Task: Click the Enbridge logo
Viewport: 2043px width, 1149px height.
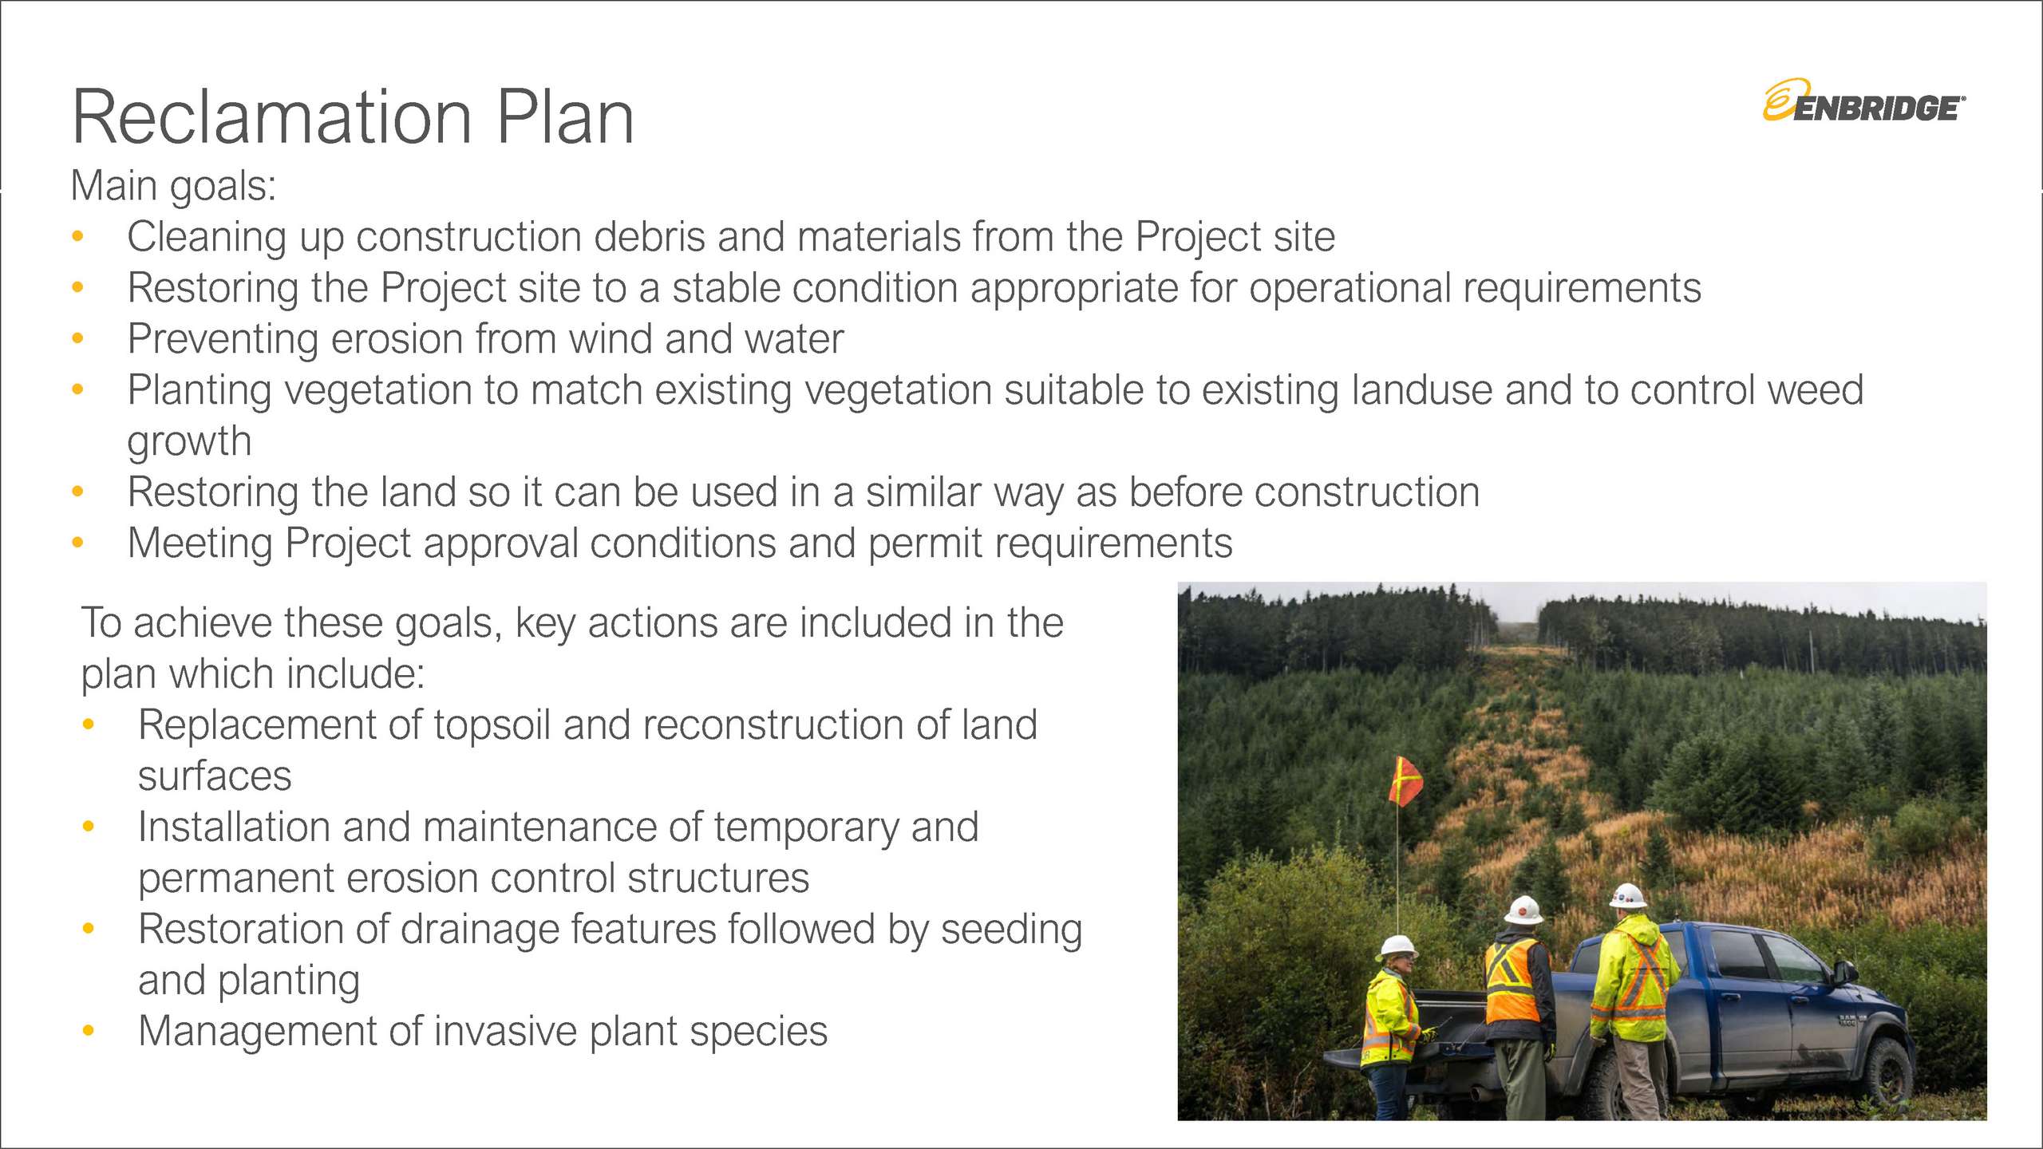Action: [x=1863, y=102]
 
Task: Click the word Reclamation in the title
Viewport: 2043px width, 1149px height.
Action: [x=272, y=117]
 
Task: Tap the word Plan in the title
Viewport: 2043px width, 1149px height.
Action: [x=565, y=117]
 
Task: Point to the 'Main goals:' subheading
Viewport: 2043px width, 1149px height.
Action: [x=173, y=187]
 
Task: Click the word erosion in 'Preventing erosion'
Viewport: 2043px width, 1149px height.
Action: [x=397, y=339]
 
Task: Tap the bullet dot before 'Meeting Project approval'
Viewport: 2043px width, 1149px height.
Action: [x=77, y=543]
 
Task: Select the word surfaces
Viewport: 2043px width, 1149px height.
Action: [x=215, y=776]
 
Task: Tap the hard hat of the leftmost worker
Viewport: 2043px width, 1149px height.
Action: [x=1397, y=946]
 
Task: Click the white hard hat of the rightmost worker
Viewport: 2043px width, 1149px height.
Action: [x=1628, y=896]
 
